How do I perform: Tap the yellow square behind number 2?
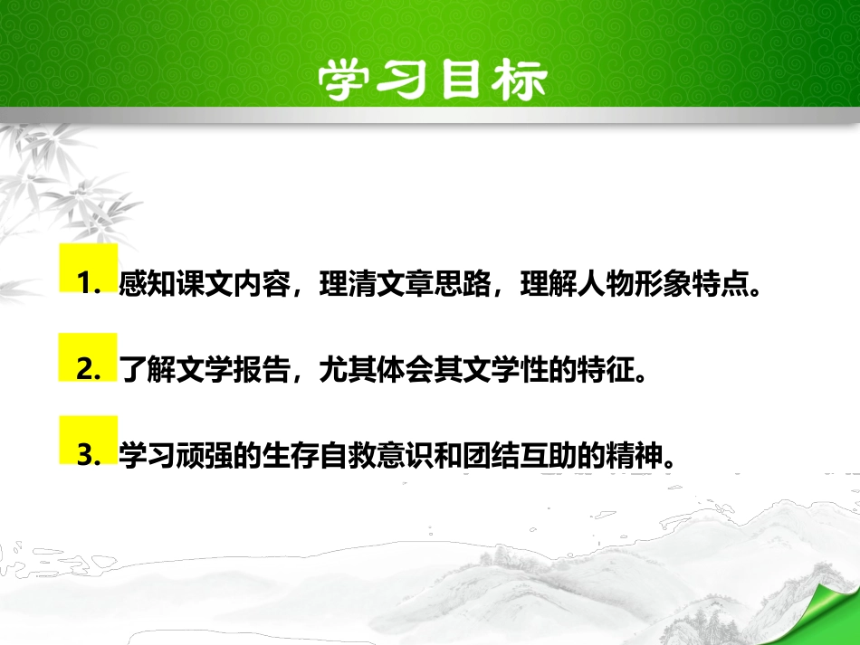coord(88,356)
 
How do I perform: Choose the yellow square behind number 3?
coord(88,441)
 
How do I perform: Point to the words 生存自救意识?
coord(307,457)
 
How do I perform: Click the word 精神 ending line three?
coord(625,457)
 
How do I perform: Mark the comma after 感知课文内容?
coord(296,291)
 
